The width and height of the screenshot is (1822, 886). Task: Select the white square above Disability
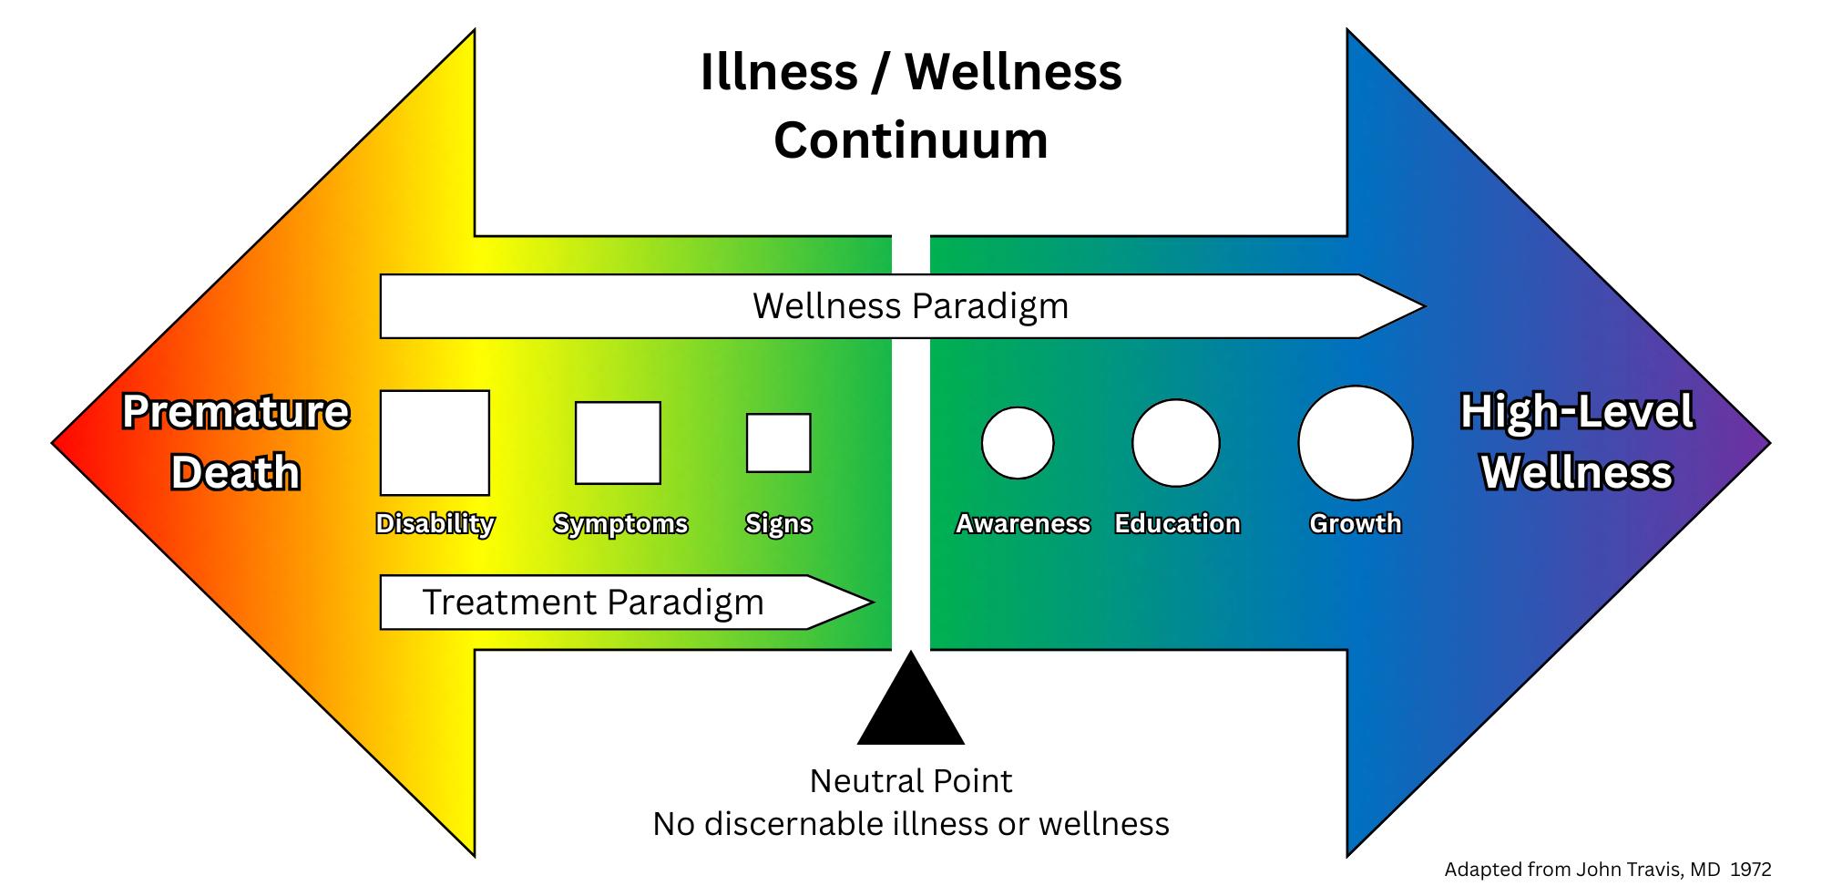pyautogui.click(x=435, y=443)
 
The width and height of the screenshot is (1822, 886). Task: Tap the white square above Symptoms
pyautogui.click(x=618, y=443)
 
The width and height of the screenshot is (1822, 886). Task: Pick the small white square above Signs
pyautogui.click(x=778, y=443)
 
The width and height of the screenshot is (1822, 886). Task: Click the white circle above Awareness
pyautogui.click(x=1018, y=443)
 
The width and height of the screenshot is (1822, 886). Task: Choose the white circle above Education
pyautogui.click(x=1175, y=443)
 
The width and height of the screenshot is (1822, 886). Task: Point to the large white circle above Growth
pyautogui.click(x=1355, y=443)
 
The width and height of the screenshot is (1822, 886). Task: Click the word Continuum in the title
pyautogui.click(x=911, y=140)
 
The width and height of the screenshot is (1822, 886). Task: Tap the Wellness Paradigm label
pyautogui.click(x=910, y=306)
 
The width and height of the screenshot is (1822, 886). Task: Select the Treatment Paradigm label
pyautogui.click(x=593, y=603)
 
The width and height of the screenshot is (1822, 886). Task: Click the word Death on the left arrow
pyautogui.click(x=235, y=473)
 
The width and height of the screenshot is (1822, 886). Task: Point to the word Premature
pyautogui.click(x=235, y=412)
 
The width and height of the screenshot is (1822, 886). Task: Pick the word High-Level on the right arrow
pyautogui.click(x=1577, y=412)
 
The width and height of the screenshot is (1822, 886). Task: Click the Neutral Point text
pyautogui.click(x=911, y=781)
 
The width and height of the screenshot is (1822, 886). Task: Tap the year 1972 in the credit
pyautogui.click(x=1750, y=871)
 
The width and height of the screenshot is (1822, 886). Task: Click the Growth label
pyautogui.click(x=1355, y=524)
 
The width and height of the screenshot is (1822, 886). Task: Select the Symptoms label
pyautogui.click(x=620, y=524)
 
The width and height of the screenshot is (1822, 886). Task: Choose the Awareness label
pyautogui.click(x=1022, y=524)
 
